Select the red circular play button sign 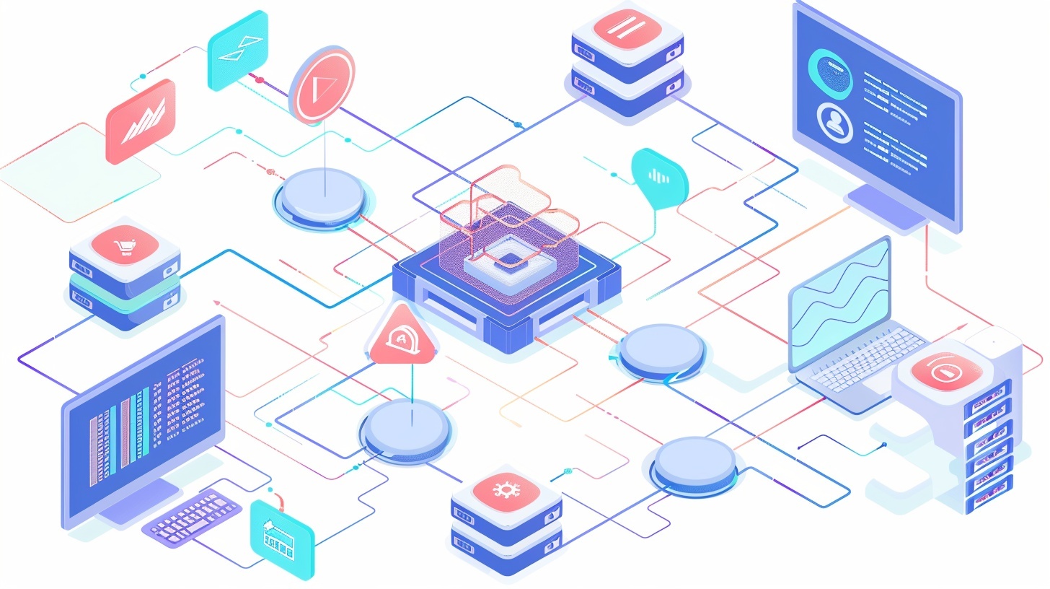click(322, 85)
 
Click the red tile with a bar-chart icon click(141, 120)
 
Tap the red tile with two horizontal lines click(627, 28)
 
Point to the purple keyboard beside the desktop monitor click(191, 512)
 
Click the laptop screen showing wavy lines click(841, 304)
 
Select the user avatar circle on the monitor click(835, 121)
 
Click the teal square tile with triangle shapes click(237, 50)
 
